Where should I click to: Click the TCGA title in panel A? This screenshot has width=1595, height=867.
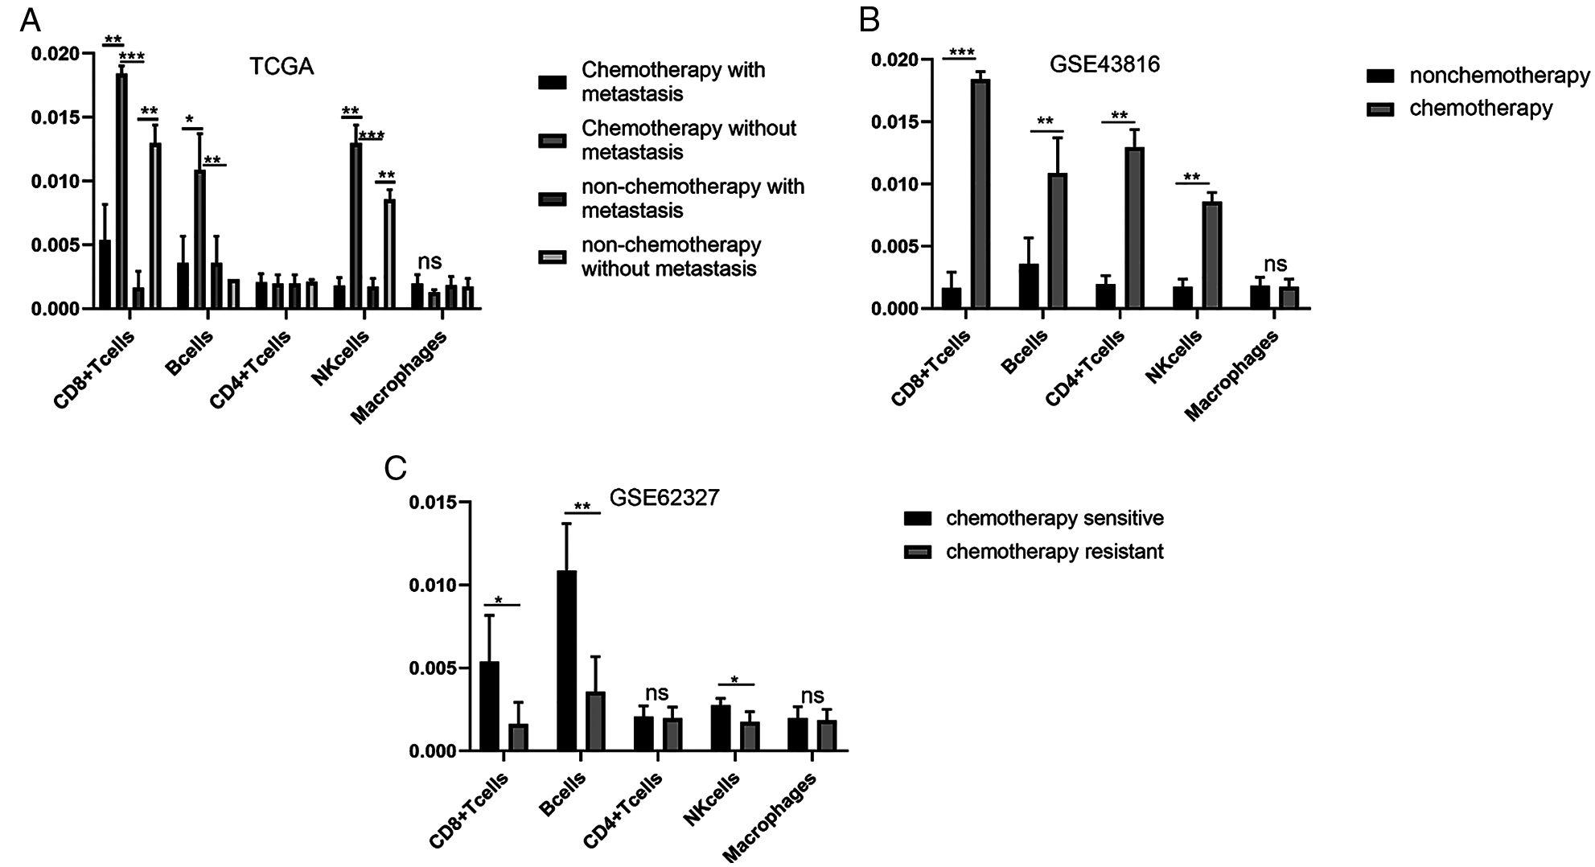coord(281,66)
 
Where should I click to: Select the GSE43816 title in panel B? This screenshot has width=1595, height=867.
coord(1104,64)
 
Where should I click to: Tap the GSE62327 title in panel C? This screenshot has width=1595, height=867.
coord(664,498)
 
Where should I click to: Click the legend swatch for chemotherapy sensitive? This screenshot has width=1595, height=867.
coord(917,518)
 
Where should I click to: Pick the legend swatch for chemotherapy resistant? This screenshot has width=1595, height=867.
coord(917,552)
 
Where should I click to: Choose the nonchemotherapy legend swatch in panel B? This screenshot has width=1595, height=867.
coord(1380,76)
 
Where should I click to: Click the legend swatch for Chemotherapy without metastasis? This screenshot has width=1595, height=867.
coord(552,141)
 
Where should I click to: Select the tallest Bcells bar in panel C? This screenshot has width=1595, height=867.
coord(566,659)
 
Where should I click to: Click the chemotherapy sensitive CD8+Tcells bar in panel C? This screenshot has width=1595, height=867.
coord(489,705)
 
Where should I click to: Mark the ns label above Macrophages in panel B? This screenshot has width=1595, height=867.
coord(1275,264)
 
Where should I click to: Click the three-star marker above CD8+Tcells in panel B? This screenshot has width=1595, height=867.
coord(961,54)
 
